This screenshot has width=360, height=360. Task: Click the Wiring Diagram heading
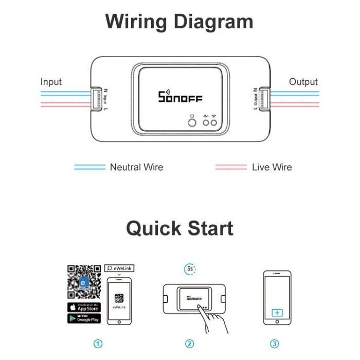179,22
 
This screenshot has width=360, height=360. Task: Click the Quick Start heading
179,228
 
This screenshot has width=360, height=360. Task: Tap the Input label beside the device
51,82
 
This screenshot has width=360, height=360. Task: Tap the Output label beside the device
303,82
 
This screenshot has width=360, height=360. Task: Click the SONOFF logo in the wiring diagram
179,97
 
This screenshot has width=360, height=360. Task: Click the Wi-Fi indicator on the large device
212,122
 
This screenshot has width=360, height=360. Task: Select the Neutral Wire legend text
136,167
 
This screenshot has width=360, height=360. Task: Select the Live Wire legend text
272,167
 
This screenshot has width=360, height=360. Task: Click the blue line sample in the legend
89,167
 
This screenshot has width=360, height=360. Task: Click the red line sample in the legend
230,167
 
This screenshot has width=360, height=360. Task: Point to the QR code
84,281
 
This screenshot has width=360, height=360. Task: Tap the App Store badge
84,307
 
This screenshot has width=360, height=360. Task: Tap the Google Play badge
84,319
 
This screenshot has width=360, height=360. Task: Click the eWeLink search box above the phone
119,268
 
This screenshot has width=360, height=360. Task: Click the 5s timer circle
190,268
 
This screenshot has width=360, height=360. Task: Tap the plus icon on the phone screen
277,312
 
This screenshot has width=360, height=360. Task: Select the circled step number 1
98,344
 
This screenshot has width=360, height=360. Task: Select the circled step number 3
274,344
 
